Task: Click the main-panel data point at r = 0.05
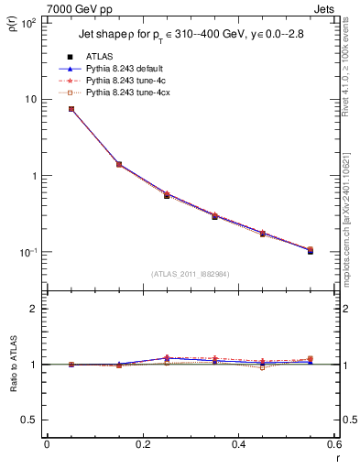click(71, 109)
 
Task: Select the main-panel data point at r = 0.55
click(310, 250)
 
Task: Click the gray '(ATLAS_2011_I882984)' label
click(191, 274)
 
